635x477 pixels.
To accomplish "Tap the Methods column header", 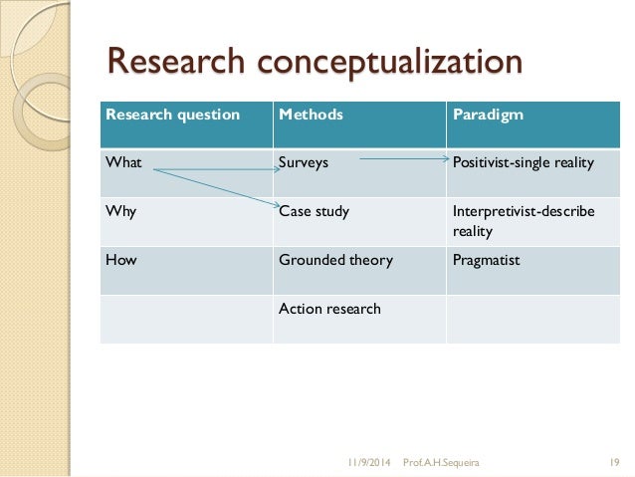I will tap(311, 115).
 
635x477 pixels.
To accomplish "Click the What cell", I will tap(123, 162).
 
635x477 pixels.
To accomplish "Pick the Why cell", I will tap(122, 211).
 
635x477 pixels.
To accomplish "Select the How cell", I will tap(122, 260).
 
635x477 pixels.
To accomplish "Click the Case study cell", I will tap(314, 211).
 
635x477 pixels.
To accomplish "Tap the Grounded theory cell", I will tap(335, 260).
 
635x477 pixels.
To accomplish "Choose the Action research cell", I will tap(328, 309).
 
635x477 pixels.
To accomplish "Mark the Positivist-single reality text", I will tap(522, 162).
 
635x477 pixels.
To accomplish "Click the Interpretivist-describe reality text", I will tap(523, 219).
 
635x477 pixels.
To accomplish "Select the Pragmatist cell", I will tap(486, 260).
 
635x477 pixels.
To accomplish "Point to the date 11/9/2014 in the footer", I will tap(369, 462).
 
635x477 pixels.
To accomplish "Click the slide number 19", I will tap(614, 462).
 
